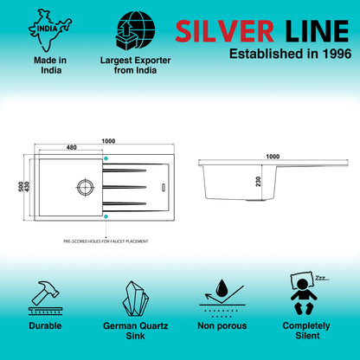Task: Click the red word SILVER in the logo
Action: tap(224, 31)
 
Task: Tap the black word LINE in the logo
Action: tap(317, 31)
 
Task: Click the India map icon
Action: tap(50, 30)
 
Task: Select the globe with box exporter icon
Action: tap(135, 30)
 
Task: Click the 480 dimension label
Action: tap(72, 147)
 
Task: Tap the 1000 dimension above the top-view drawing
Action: tap(108, 141)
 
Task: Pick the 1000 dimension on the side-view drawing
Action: tap(273, 157)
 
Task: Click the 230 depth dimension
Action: tap(258, 182)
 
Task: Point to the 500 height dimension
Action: tap(21, 187)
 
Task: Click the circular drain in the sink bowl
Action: tap(86, 187)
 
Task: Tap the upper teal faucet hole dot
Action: tap(106, 158)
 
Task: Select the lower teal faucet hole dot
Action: tap(106, 216)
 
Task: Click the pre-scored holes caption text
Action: tap(106, 241)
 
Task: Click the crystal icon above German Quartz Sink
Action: tap(135, 299)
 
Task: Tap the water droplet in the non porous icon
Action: tap(222, 287)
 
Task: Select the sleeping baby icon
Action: tap(304, 293)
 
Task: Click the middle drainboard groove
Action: tap(125, 187)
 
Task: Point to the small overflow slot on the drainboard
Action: tap(164, 187)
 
